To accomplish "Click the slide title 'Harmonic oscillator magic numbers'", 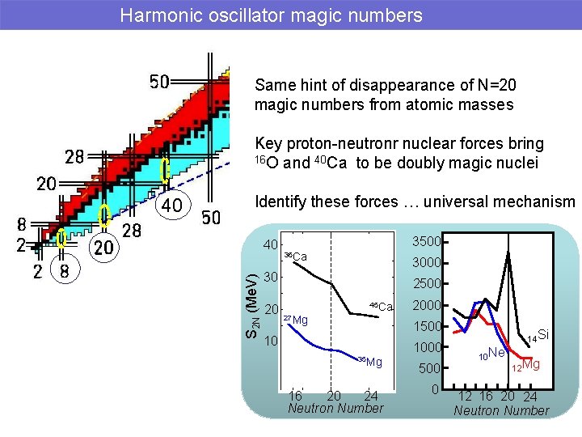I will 271,15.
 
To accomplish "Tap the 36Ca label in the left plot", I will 295,257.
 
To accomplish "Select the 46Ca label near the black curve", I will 380,307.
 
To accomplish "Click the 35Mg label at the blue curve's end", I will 369,361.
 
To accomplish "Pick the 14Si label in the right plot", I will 538,335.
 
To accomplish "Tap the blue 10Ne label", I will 491,354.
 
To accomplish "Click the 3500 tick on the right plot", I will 426,241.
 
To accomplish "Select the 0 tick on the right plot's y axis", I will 435,390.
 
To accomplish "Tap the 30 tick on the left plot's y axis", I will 271,276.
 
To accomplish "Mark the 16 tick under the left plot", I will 296,396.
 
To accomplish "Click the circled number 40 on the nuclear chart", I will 171,206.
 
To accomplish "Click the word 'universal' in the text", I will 458,202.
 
